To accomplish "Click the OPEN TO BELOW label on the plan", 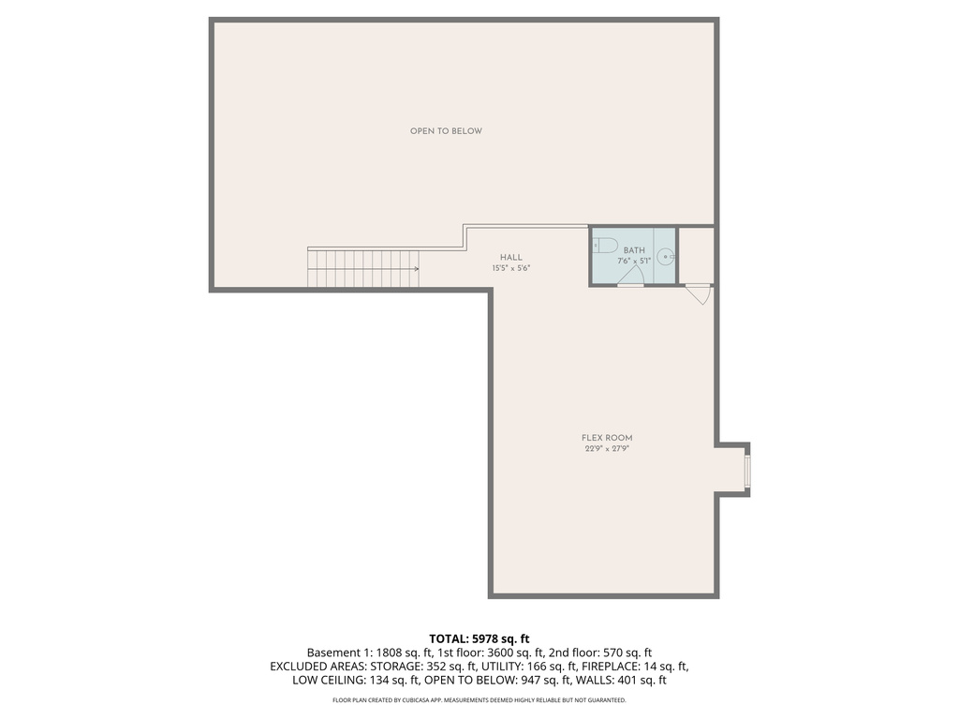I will pos(446,131).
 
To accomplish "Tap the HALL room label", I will pos(510,258).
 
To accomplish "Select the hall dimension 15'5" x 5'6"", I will pos(510,269).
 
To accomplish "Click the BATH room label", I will pos(635,250).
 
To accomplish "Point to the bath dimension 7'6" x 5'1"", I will pos(635,262).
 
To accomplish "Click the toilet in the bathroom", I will pos(605,247).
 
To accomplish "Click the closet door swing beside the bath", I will pos(698,293).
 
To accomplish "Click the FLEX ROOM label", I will pos(600,438).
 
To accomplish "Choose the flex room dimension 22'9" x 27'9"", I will pos(600,449).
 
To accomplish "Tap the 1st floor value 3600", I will pos(503,652).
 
